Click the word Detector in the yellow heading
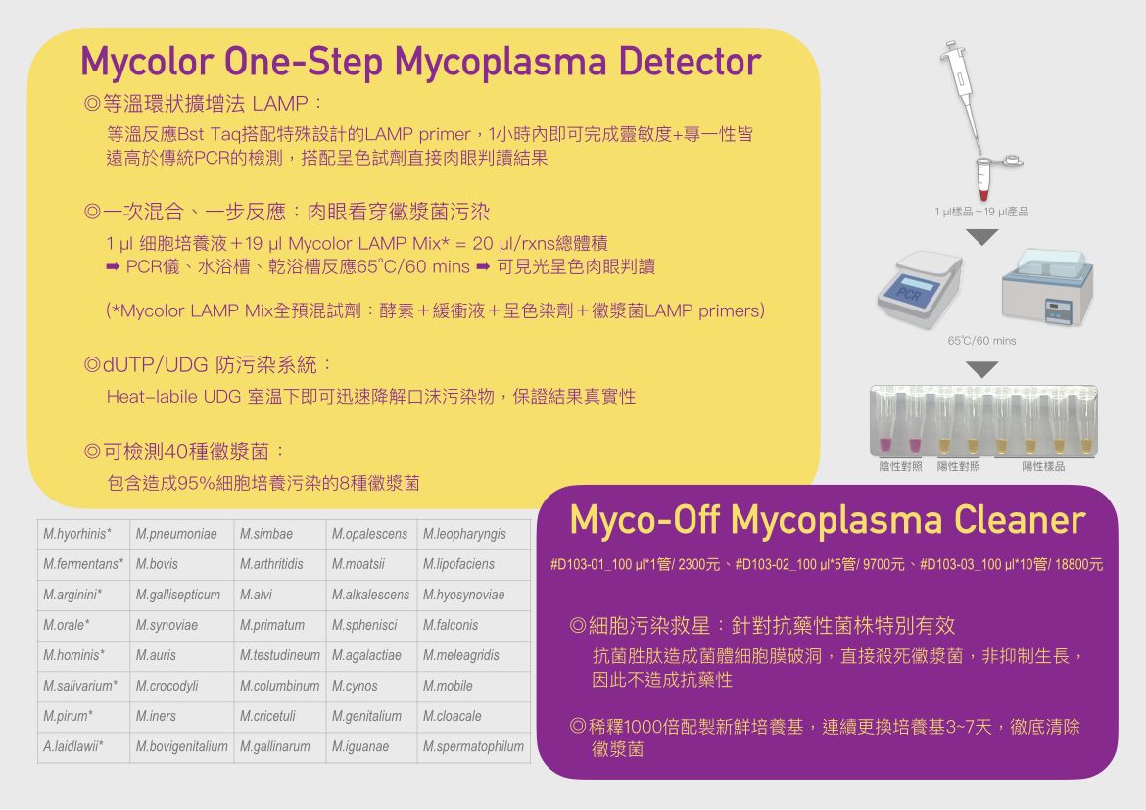point(690,61)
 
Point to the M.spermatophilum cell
point(473,746)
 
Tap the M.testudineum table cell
point(280,656)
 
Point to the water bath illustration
point(1047,286)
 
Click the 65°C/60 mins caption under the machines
point(981,341)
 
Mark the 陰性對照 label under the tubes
point(900,466)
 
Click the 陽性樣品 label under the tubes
point(1043,466)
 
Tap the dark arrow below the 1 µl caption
point(981,237)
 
